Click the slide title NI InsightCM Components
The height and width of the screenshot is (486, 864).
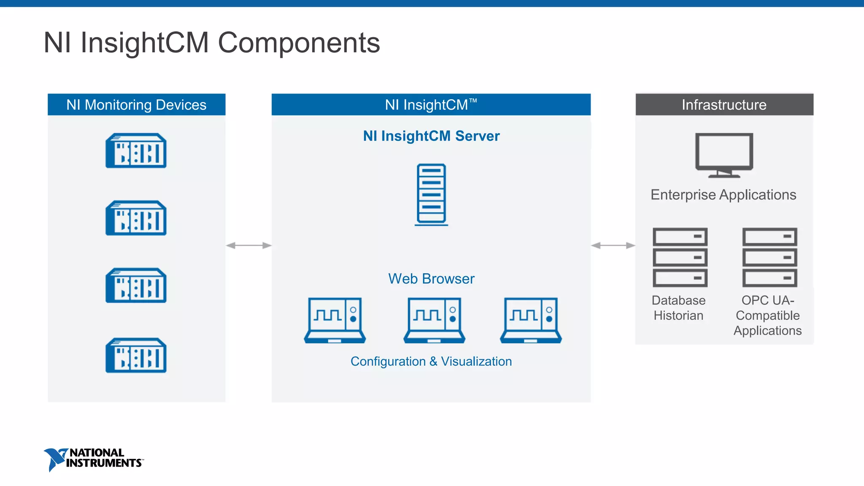[x=212, y=43]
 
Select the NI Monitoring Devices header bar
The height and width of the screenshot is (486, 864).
[x=136, y=105]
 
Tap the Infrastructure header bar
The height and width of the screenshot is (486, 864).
[x=724, y=105]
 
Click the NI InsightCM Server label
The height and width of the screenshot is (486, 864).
[x=431, y=136]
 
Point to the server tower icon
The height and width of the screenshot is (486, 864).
[x=431, y=194]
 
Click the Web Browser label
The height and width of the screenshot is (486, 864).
[x=431, y=279]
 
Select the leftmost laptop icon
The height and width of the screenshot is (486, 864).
[x=335, y=320]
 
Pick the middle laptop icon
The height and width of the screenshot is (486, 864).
[x=434, y=320]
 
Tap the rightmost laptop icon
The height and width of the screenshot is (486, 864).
[x=531, y=320]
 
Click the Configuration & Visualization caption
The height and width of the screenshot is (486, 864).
[x=431, y=362]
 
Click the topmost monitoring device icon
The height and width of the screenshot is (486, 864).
[x=136, y=151]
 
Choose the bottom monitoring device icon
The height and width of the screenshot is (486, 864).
[x=136, y=355]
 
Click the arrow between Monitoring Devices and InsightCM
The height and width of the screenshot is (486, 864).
[x=248, y=246]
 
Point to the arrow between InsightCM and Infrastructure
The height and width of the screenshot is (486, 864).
[x=613, y=246]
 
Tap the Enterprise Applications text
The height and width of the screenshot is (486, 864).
[x=723, y=195]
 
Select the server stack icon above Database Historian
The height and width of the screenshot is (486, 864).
[x=680, y=257]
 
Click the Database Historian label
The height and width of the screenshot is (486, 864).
[x=678, y=308]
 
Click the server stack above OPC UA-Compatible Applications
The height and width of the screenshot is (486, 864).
[x=769, y=257]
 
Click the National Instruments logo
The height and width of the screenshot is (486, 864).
[x=94, y=459]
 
